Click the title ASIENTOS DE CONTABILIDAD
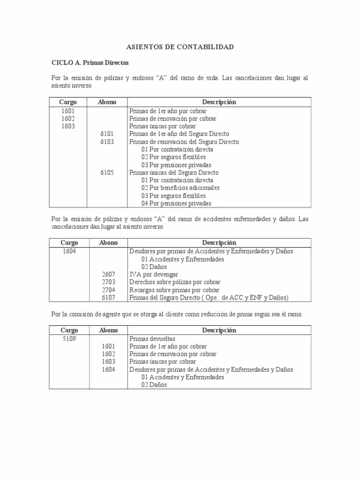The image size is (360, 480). click(180, 47)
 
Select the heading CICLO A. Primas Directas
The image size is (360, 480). click(90, 62)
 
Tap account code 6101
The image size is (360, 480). click(107, 134)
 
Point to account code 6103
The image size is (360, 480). click(107, 142)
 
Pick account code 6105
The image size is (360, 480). click(107, 172)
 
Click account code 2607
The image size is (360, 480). click(108, 274)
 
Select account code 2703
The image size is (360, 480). click(108, 282)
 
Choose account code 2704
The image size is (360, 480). click(108, 290)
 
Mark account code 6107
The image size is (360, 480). click(108, 298)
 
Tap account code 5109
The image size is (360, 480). click(68, 338)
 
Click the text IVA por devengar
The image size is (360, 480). click(154, 274)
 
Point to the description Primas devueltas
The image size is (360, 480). click(152, 338)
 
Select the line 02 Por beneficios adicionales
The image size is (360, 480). click(180, 188)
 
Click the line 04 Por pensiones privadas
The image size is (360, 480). click(176, 203)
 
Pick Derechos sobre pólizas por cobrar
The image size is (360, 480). click(175, 282)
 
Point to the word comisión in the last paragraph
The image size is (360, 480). click(82, 315)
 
